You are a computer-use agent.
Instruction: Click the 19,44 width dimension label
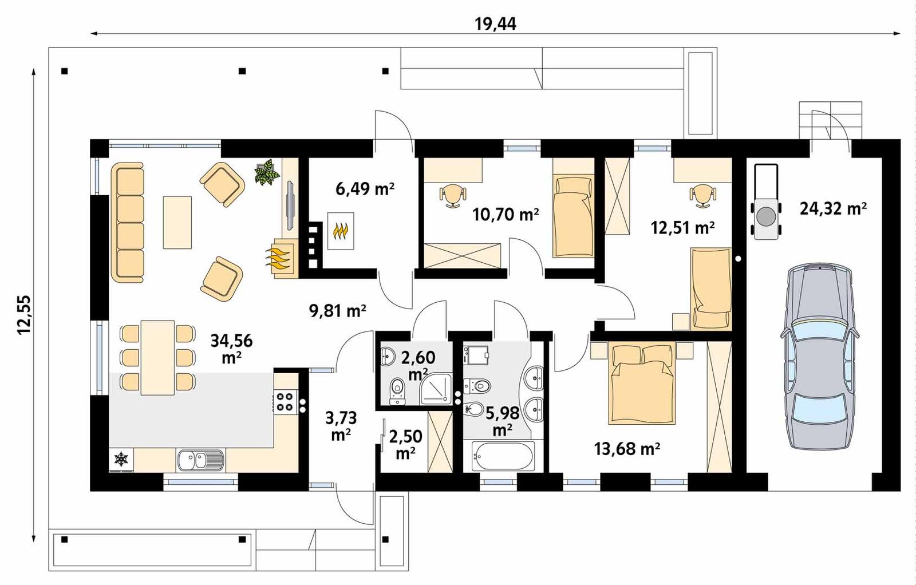click(x=495, y=23)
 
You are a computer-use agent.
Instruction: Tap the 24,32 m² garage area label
click(x=832, y=208)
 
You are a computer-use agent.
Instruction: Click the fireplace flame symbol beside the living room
click(x=281, y=259)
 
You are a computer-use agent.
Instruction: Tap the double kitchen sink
click(x=200, y=460)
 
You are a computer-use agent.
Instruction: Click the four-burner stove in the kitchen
click(x=285, y=401)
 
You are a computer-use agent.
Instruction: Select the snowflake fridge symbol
click(x=121, y=458)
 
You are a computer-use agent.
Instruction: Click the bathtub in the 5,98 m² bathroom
click(x=503, y=456)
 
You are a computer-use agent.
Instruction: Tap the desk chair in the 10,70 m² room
click(x=453, y=195)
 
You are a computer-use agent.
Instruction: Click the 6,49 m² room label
click(x=365, y=188)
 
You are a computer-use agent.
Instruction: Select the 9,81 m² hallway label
click(x=337, y=310)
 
